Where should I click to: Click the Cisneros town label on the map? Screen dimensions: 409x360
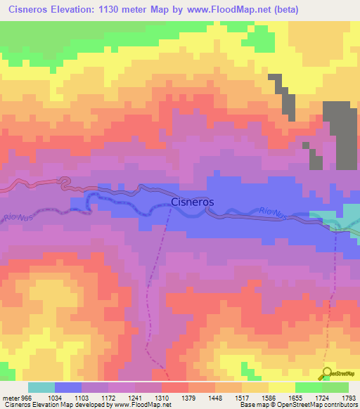(193, 202)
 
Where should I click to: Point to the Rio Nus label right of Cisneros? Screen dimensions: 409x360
(271, 212)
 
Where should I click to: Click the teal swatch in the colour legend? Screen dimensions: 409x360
(41, 387)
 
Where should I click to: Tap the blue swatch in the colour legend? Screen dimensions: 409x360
(67, 387)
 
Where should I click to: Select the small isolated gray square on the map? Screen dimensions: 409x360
(306, 145)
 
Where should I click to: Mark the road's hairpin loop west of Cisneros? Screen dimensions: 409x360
(64, 183)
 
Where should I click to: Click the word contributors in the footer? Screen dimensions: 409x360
(340, 405)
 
